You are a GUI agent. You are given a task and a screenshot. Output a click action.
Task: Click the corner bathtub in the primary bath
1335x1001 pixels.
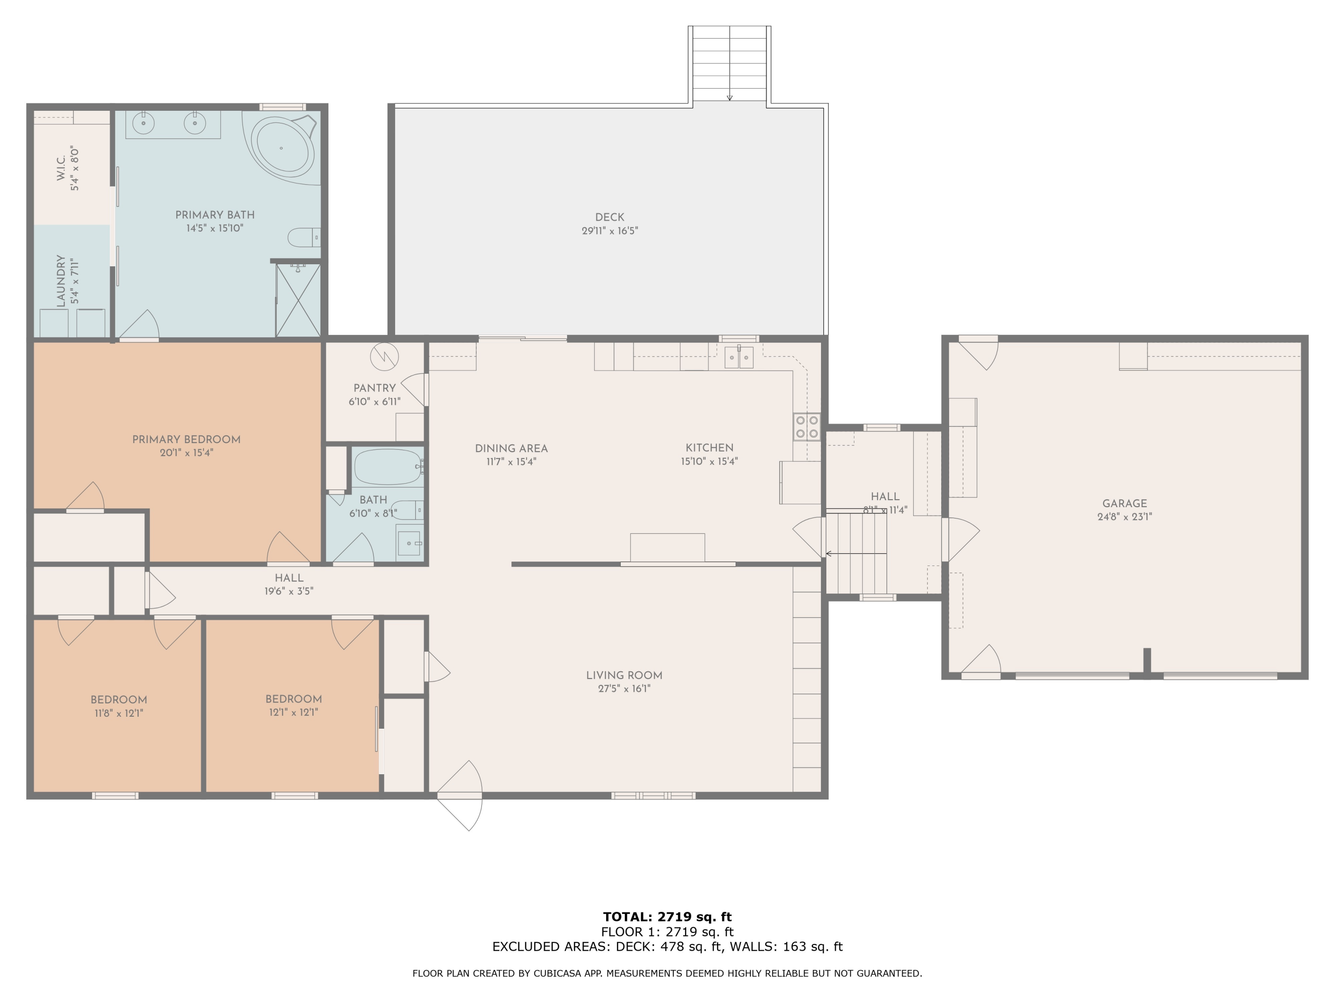click(281, 148)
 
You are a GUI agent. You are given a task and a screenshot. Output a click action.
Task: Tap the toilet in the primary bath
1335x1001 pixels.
click(303, 238)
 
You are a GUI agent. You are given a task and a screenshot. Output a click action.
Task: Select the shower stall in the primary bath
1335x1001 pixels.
click(298, 300)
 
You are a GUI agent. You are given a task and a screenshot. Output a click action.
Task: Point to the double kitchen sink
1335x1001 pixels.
click(739, 358)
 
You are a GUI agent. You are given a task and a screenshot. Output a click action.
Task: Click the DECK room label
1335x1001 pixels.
click(610, 217)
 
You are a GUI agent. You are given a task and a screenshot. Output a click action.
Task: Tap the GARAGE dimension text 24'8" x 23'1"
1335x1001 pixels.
click(1125, 517)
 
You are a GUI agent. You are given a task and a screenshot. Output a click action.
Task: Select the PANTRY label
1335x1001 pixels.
click(374, 388)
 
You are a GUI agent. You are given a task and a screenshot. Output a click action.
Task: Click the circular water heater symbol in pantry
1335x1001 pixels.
click(384, 356)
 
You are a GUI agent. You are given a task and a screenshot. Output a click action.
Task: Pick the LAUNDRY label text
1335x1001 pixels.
click(61, 281)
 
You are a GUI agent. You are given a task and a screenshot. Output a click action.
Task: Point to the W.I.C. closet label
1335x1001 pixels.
click(61, 168)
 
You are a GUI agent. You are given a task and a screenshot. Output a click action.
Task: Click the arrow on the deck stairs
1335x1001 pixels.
click(730, 97)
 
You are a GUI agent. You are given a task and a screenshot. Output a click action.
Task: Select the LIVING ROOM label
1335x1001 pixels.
click(624, 675)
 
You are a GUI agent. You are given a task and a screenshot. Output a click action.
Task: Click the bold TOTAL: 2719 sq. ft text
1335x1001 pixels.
click(667, 917)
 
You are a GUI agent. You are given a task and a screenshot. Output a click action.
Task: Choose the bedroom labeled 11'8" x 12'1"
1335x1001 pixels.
click(119, 706)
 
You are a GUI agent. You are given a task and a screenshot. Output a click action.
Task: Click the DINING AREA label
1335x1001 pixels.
click(511, 448)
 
